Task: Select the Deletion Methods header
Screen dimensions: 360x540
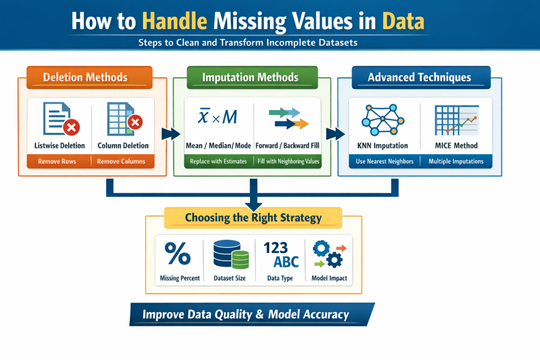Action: coord(85,77)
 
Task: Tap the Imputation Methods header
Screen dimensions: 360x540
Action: coord(250,77)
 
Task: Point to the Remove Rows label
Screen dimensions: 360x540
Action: coord(56,161)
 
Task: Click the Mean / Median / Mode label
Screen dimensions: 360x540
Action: coord(219,145)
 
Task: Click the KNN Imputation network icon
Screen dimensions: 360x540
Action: coord(381,119)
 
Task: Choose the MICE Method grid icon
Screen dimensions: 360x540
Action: coord(455,119)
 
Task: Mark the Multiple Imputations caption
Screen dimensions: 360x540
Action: coord(456,161)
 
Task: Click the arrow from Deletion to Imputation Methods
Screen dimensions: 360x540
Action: coord(168,133)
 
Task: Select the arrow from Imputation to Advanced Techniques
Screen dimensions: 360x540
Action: coord(333,133)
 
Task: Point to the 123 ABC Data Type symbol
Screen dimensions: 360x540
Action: coord(281,255)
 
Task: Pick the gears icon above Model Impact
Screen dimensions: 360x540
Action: coord(328,254)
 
